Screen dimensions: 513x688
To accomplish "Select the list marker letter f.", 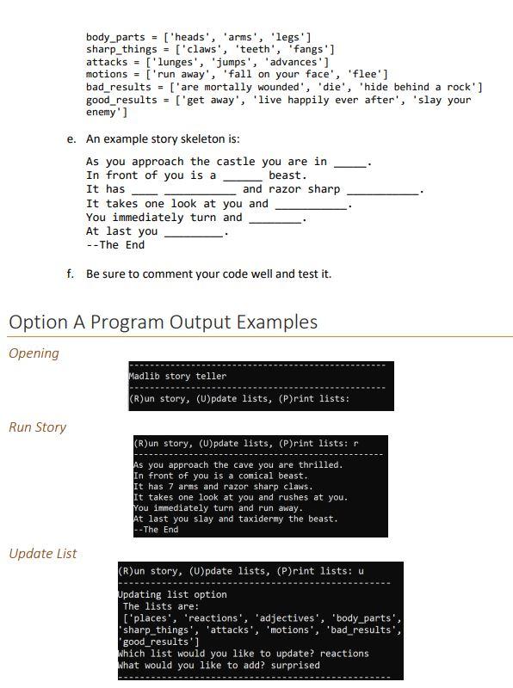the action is [71, 274].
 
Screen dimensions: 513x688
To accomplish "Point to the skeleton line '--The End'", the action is [115, 245].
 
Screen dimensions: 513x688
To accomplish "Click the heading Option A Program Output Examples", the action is [163, 322].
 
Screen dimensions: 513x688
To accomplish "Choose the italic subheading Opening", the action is [34, 353].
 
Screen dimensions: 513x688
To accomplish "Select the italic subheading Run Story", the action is [37, 427].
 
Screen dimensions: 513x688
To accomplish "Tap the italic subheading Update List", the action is [42, 554].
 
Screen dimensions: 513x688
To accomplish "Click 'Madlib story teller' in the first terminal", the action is [177, 377].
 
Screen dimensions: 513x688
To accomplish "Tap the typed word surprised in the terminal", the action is [292, 665].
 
